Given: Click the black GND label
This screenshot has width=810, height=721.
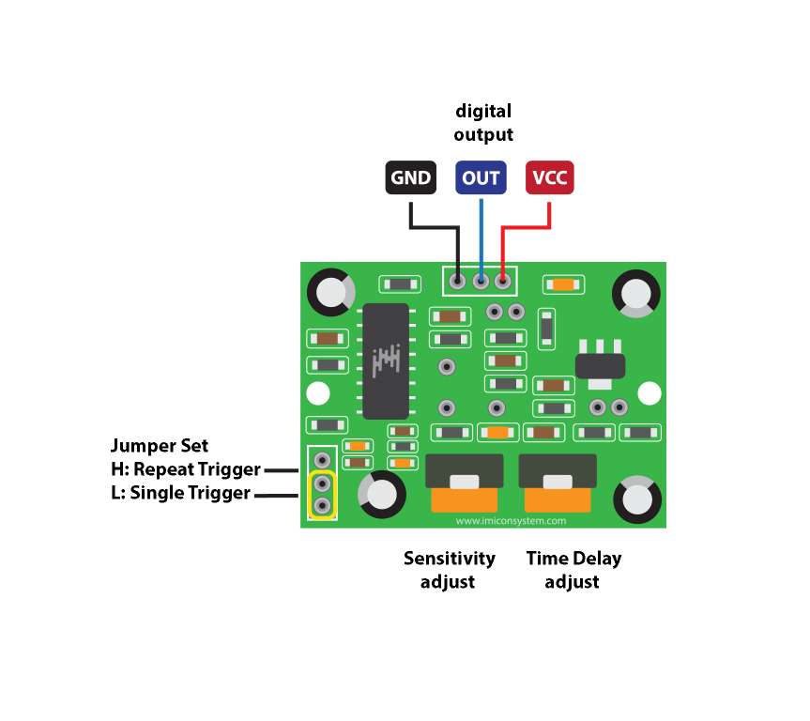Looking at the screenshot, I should pos(410,177).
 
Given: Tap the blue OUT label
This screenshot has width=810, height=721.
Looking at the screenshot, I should pos(481,177).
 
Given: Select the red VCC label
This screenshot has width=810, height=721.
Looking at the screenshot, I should pos(549,177).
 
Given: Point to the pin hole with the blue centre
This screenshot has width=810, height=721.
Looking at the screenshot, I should pos(481,280).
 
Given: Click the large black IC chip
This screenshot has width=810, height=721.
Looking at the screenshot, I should pos(386,361).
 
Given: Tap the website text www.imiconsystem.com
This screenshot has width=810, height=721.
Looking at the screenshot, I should pos(512,520).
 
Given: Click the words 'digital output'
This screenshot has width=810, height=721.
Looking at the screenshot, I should pos(483,123).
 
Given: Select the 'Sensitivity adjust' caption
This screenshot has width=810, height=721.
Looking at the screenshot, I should pos(449,570).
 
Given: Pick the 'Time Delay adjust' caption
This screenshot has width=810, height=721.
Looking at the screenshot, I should pos(573,570).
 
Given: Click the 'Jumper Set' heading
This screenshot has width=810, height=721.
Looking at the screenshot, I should pos(160,445).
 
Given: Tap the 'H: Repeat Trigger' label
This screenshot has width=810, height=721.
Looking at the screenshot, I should pos(186,468).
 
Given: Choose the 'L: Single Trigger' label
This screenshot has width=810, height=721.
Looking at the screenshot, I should pos(181,493).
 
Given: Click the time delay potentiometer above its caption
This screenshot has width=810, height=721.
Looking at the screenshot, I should pos(558,483).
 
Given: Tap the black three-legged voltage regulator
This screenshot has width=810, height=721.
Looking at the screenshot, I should pos(599,360).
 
